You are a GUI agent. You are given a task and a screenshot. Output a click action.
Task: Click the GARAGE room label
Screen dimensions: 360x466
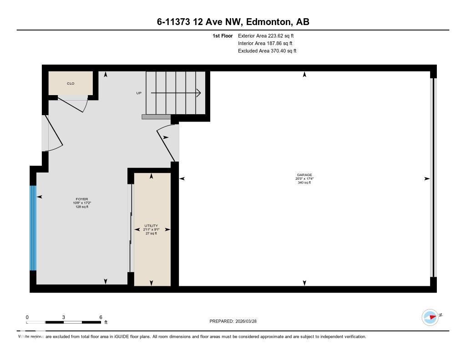[304, 175]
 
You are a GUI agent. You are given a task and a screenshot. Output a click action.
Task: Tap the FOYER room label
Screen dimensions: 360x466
[82, 199]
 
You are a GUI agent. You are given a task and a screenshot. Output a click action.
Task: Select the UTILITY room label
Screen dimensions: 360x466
[151, 226]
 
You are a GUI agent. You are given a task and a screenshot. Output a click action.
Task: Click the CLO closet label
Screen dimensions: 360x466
[71, 83]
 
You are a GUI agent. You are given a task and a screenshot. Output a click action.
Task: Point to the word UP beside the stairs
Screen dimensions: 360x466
[139, 93]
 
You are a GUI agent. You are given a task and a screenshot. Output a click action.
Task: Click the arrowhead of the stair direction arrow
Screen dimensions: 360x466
[198, 93]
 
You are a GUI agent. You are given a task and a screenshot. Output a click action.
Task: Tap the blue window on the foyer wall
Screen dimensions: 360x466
[33, 228]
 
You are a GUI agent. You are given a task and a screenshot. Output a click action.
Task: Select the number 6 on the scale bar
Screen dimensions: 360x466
[101, 317]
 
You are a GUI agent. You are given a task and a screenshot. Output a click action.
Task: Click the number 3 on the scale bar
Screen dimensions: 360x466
[64, 317]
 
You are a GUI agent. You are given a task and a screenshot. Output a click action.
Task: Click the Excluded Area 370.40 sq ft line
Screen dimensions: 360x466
[267, 51]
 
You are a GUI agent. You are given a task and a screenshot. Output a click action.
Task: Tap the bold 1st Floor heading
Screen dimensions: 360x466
[223, 35]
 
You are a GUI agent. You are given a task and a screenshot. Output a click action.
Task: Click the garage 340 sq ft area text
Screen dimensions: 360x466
[304, 183]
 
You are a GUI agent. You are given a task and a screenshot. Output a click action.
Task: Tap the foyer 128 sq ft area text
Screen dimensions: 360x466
[82, 207]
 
